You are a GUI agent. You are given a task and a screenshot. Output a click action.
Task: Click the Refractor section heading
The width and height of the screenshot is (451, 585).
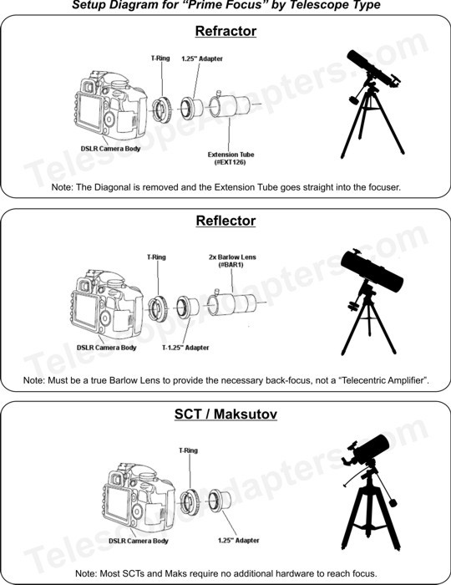pos(225,31)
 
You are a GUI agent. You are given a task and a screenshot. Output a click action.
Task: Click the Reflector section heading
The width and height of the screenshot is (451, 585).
pos(225,221)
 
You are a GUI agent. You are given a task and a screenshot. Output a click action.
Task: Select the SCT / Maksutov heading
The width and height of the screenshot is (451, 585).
pos(225,415)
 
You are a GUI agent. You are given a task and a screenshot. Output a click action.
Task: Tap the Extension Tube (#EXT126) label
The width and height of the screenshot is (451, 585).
pos(231,158)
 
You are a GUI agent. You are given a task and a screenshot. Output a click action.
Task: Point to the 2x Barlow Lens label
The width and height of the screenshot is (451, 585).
pos(232,261)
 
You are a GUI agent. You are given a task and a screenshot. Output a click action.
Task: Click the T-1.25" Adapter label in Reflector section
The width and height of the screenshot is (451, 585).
pos(185,348)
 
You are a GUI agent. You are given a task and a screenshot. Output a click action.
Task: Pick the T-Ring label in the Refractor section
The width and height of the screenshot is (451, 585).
pos(160,58)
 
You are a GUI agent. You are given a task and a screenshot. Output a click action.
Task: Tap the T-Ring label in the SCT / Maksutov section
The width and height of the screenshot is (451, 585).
pos(188,450)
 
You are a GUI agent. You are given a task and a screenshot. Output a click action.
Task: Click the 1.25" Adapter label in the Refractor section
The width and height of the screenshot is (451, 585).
pos(202,58)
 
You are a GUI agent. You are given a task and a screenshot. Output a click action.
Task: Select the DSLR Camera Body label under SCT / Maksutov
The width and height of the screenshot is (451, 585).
pos(139,541)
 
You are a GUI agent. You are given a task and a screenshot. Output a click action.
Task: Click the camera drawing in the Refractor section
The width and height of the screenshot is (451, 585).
pos(111,104)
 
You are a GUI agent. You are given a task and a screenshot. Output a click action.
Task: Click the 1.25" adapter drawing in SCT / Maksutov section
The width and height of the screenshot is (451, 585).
pos(219,501)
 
